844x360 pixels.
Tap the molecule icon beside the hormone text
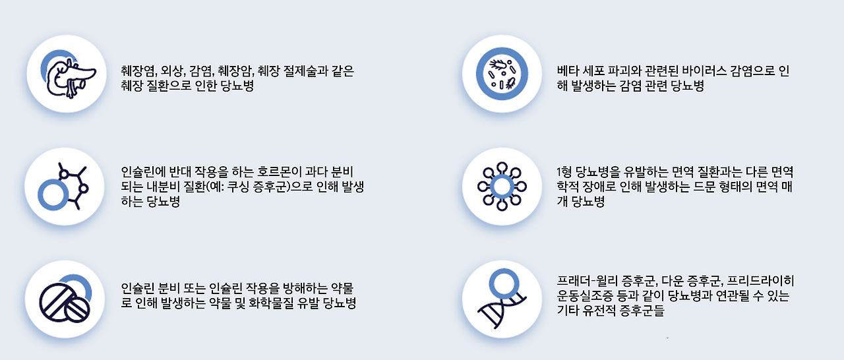pyautogui.click(x=65, y=187)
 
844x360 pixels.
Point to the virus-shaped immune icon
pyautogui.click(x=502, y=187)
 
